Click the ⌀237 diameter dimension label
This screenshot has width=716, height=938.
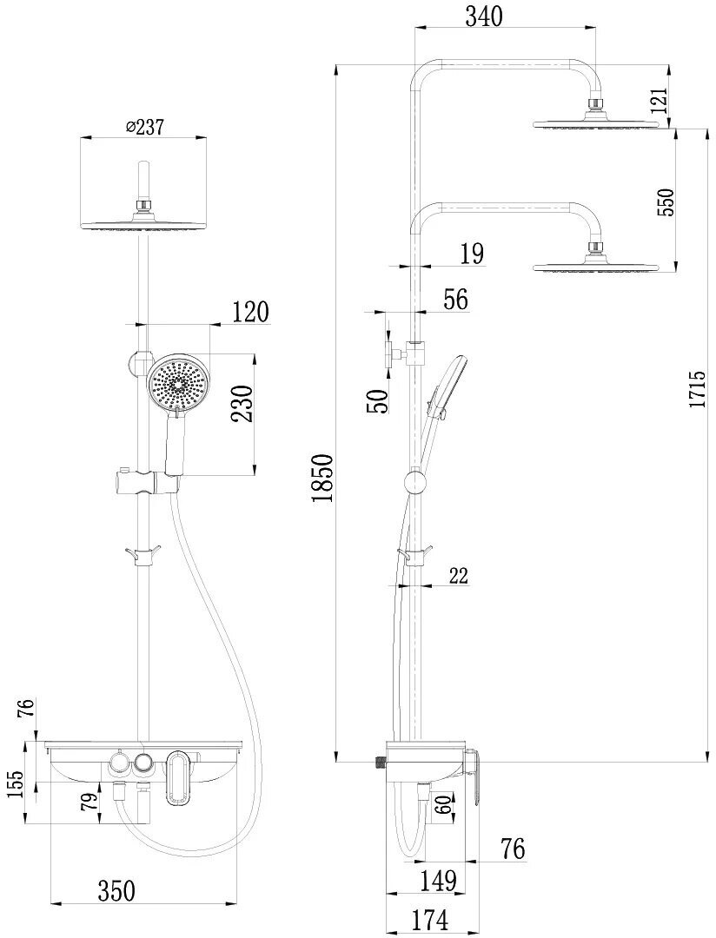click(x=145, y=126)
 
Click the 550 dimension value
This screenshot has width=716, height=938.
click(x=666, y=201)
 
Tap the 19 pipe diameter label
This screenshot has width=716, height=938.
click(x=472, y=254)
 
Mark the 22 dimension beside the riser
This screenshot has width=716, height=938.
click(x=460, y=574)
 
